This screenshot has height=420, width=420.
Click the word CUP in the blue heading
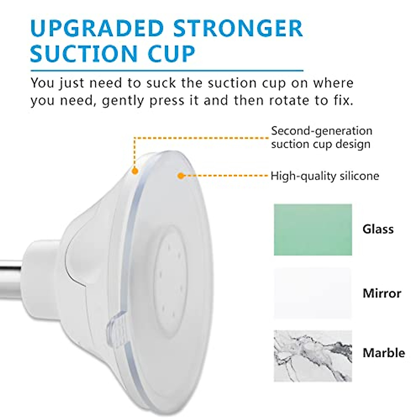pos(172,54)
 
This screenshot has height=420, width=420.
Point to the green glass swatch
pos(313,230)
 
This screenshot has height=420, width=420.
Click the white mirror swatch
pos(313,293)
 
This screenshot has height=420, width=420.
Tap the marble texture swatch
pos(313,356)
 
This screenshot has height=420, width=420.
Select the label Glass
pos(378,229)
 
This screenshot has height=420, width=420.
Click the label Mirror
pos(382,293)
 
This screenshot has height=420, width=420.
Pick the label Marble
pos(384,352)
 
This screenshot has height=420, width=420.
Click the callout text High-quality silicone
pos(325,176)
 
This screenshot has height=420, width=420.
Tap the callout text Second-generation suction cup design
pos(321,138)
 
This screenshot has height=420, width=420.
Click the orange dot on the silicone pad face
pos(181,176)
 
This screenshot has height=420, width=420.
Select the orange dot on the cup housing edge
pos(134,171)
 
